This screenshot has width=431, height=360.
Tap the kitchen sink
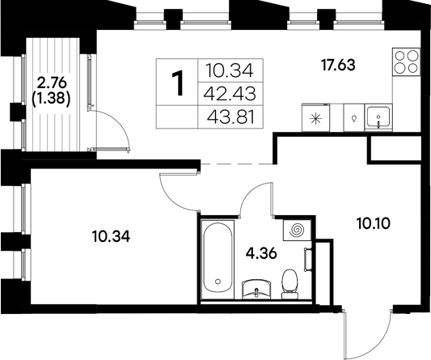tap(378, 118)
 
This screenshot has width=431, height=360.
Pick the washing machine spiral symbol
tap(297, 231)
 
